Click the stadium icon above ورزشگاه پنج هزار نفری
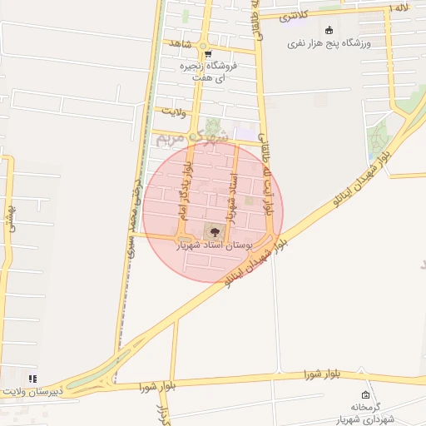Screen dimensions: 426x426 pyautogui.click(x=330, y=30)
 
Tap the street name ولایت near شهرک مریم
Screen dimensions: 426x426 pyautogui.click(x=174, y=110)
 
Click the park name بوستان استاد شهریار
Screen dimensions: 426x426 pyautogui.click(x=212, y=246)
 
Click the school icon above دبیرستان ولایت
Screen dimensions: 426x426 pyautogui.click(x=32, y=379)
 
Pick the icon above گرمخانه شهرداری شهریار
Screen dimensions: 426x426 pyautogui.click(x=365, y=394)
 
